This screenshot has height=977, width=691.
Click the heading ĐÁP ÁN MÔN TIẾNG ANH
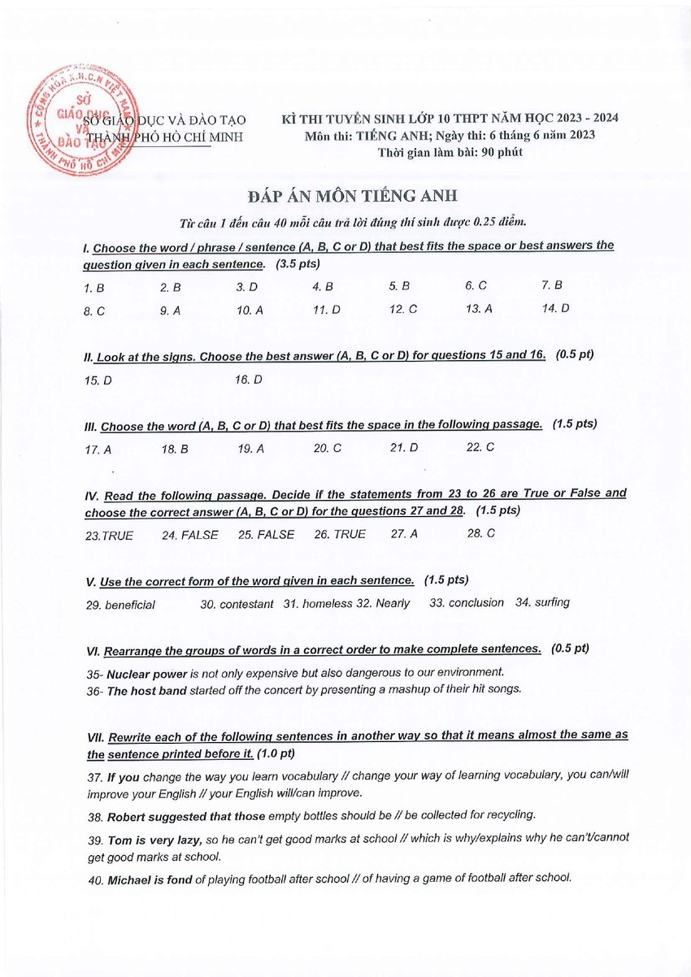(353, 196)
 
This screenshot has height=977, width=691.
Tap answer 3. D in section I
(247, 287)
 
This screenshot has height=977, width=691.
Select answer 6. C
(476, 286)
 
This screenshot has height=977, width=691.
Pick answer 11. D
(326, 310)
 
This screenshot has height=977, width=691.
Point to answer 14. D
(555, 308)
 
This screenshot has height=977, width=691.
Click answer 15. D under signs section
(98, 380)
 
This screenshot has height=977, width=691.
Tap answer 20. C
(327, 448)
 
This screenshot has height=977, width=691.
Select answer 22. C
(480, 447)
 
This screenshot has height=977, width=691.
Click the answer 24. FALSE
(189, 535)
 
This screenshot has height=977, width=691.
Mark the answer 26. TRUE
(340, 534)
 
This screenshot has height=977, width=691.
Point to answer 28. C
(480, 533)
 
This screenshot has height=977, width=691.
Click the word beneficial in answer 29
(130, 605)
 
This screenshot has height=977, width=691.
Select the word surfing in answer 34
(552, 602)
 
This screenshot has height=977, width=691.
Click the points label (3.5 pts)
(298, 264)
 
